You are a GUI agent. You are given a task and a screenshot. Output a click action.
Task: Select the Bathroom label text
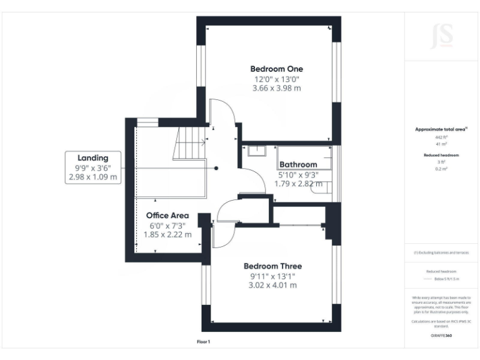click(x=298, y=165)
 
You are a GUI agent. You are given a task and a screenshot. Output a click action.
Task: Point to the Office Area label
click(x=167, y=216)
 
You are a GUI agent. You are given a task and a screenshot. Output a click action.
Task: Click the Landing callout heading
click(x=92, y=158)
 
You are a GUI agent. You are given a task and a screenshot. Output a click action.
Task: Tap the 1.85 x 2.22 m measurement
click(x=167, y=234)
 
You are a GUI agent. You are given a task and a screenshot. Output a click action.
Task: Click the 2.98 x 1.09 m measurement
click(x=92, y=177)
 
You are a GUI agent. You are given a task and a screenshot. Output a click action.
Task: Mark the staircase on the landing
click(x=189, y=144)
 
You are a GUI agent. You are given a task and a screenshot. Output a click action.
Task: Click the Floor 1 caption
click(x=204, y=342)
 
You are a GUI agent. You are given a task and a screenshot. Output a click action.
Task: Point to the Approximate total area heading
click(x=441, y=129)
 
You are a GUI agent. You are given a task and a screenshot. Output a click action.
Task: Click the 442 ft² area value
click(x=441, y=137)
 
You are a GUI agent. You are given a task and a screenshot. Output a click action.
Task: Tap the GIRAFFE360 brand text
click(x=441, y=336)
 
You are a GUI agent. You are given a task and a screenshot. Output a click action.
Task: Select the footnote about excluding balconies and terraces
click(x=441, y=252)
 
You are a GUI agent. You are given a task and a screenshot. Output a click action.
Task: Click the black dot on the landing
click(x=216, y=168)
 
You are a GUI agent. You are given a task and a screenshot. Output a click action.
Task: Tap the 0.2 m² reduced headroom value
click(x=441, y=169)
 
